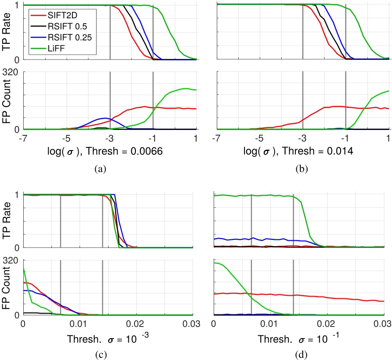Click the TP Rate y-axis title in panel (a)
pyautogui.click(x=7, y=33)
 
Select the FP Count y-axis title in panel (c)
pyautogui.click(x=7, y=287)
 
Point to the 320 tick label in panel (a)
pyautogui.click(x=12, y=73)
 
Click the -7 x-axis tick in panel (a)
pyautogui.click(x=22, y=138)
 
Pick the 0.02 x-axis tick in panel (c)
pyautogui.click(x=136, y=323)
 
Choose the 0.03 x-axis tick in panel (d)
pyautogui.click(x=383, y=323)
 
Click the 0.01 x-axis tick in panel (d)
pyautogui.click(x=270, y=323)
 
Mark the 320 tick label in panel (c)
pyautogui.click(x=12, y=259)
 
